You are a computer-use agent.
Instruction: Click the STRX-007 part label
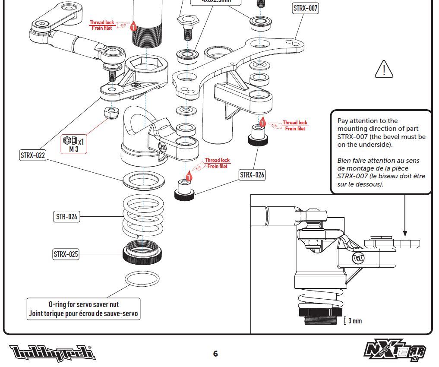[x=306, y=8]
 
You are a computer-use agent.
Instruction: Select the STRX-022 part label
[x=33, y=155]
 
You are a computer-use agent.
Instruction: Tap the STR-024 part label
[x=67, y=217]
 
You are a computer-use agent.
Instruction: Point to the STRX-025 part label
[x=66, y=254]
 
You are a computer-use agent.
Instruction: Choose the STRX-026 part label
[x=253, y=175]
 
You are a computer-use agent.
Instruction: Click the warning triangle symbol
[x=384, y=69]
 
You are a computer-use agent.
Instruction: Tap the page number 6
[x=215, y=354]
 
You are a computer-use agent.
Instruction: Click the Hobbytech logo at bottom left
[x=52, y=353]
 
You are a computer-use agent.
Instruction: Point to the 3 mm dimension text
[x=355, y=321]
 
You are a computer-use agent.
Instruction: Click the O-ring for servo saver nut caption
[x=84, y=309]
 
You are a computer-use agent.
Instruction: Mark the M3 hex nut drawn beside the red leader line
[x=113, y=113]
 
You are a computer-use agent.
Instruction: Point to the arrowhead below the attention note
[x=405, y=233]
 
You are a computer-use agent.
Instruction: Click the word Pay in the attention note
[x=344, y=121]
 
